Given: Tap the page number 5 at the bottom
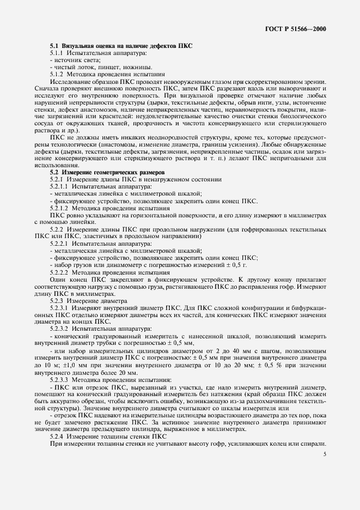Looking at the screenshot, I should (325, 454).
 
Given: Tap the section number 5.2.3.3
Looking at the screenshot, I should (59, 379).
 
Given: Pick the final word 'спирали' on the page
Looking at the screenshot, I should (314, 443).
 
